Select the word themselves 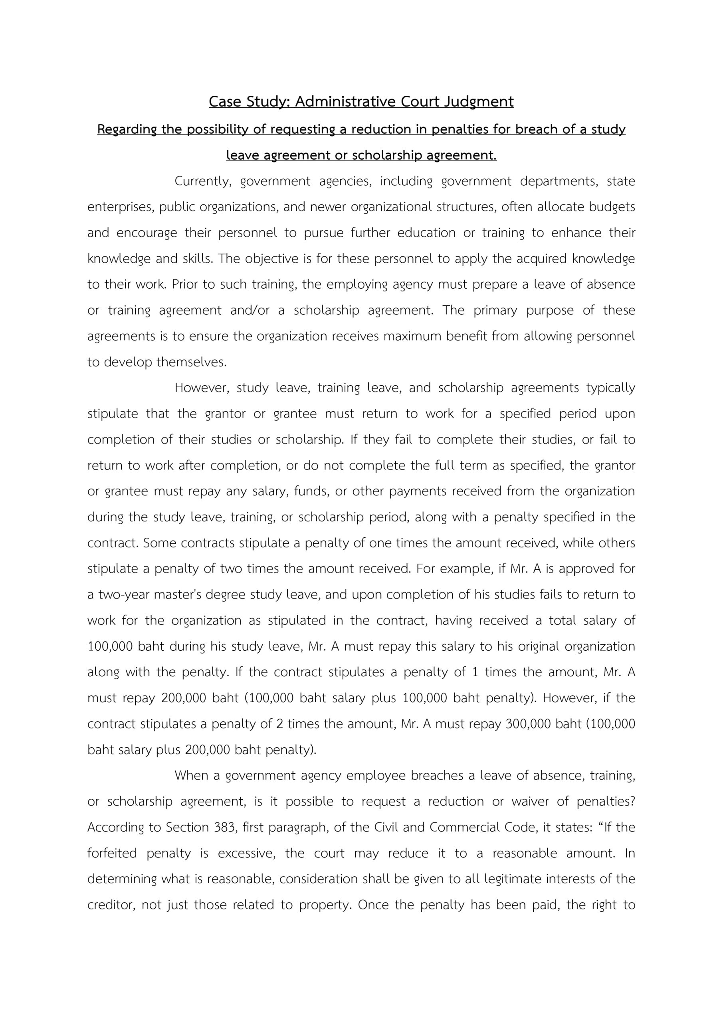click(192, 362)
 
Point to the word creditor click(111, 905)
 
